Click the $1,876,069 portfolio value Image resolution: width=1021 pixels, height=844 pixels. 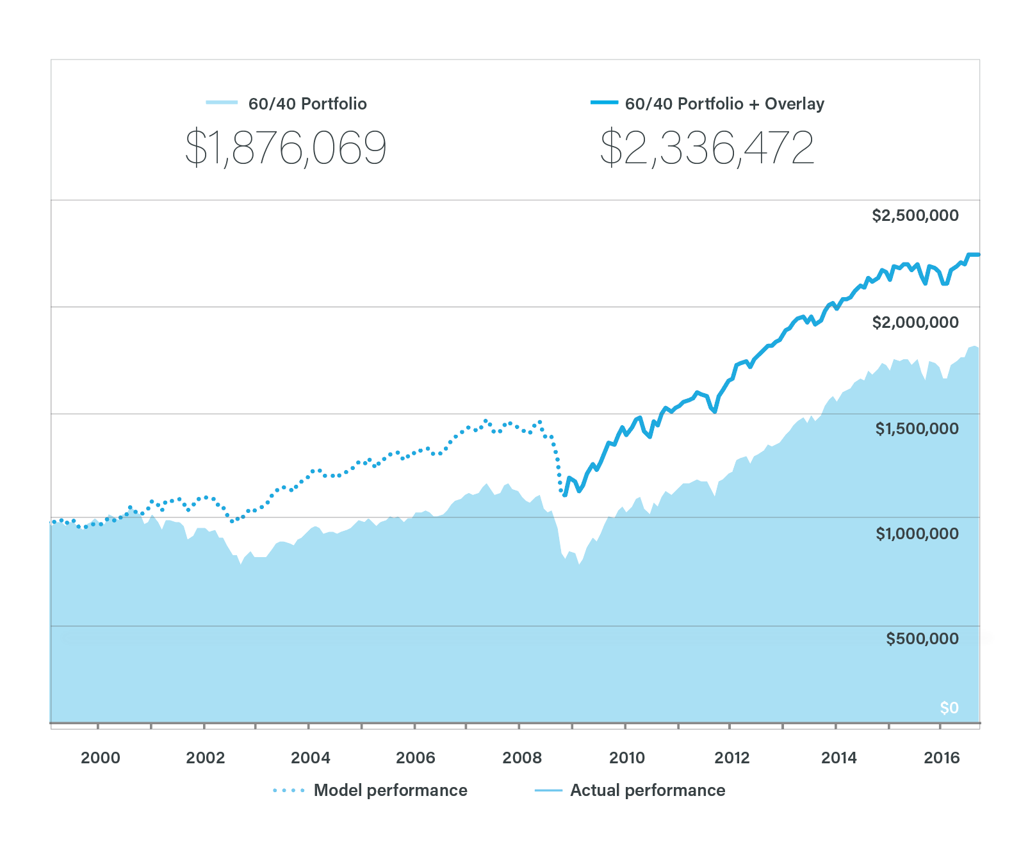click(286, 148)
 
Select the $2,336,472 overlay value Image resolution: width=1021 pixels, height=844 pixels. click(707, 148)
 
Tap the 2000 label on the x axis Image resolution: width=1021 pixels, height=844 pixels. click(101, 758)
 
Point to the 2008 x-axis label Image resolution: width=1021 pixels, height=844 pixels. click(522, 758)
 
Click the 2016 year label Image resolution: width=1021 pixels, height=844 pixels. click(942, 758)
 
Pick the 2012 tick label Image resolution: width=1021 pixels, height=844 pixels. click(731, 758)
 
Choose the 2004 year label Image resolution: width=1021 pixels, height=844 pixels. click(311, 758)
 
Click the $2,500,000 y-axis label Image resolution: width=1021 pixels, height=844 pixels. click(915, 216)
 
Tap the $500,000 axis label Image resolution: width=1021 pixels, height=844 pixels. click(922, 638)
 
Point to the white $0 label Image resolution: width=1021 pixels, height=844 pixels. click(949, 708)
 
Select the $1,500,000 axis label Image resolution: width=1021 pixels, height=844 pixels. click(917, 428)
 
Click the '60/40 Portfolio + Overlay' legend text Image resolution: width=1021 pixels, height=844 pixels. click(724, 104)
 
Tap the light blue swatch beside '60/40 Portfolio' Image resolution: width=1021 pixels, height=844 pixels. click(222, 102)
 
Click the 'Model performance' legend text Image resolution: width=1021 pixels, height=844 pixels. click(390, 790)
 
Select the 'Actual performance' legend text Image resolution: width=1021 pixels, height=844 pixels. click(648, 790)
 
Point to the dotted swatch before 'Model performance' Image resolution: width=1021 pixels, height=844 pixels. click(288, 791)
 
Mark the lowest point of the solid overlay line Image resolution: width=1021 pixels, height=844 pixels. click(564, 495)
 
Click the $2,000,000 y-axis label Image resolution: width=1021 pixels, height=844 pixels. click(915, 322)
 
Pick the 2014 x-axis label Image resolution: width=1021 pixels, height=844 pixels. click(838, 758)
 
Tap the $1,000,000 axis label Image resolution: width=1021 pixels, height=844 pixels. click(917, 533)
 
